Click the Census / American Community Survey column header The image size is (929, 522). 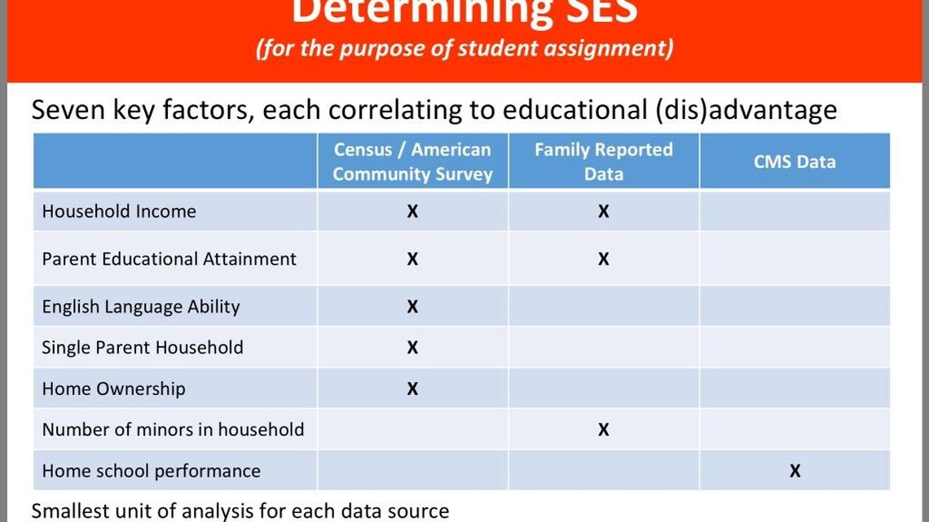(x=412, y=161)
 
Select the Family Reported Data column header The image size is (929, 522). (x=603, y=161)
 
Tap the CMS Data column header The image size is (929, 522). (x=795, y=161)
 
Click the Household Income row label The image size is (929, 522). (x=119, y=211)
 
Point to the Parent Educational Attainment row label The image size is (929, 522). (x=170, y=259)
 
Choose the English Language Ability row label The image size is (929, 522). (x=141, y=307)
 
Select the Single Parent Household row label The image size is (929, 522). (x=143, y=348)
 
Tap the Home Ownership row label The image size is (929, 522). (x=113, y=389)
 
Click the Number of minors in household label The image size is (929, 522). (x=173, y=430)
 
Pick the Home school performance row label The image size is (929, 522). (x=152, y=471)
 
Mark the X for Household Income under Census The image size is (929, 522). (x=412, y=212)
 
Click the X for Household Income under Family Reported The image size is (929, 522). (x=603, y=212)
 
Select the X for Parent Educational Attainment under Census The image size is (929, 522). (x=412, y=260)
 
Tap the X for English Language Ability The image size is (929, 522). (x=412, y=307)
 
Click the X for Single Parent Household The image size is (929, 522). (x=412, y=348)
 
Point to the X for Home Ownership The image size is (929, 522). (x=412, y=389)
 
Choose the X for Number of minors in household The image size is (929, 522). (x=603, y=430)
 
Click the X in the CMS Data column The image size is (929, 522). (x=795, y=471)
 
